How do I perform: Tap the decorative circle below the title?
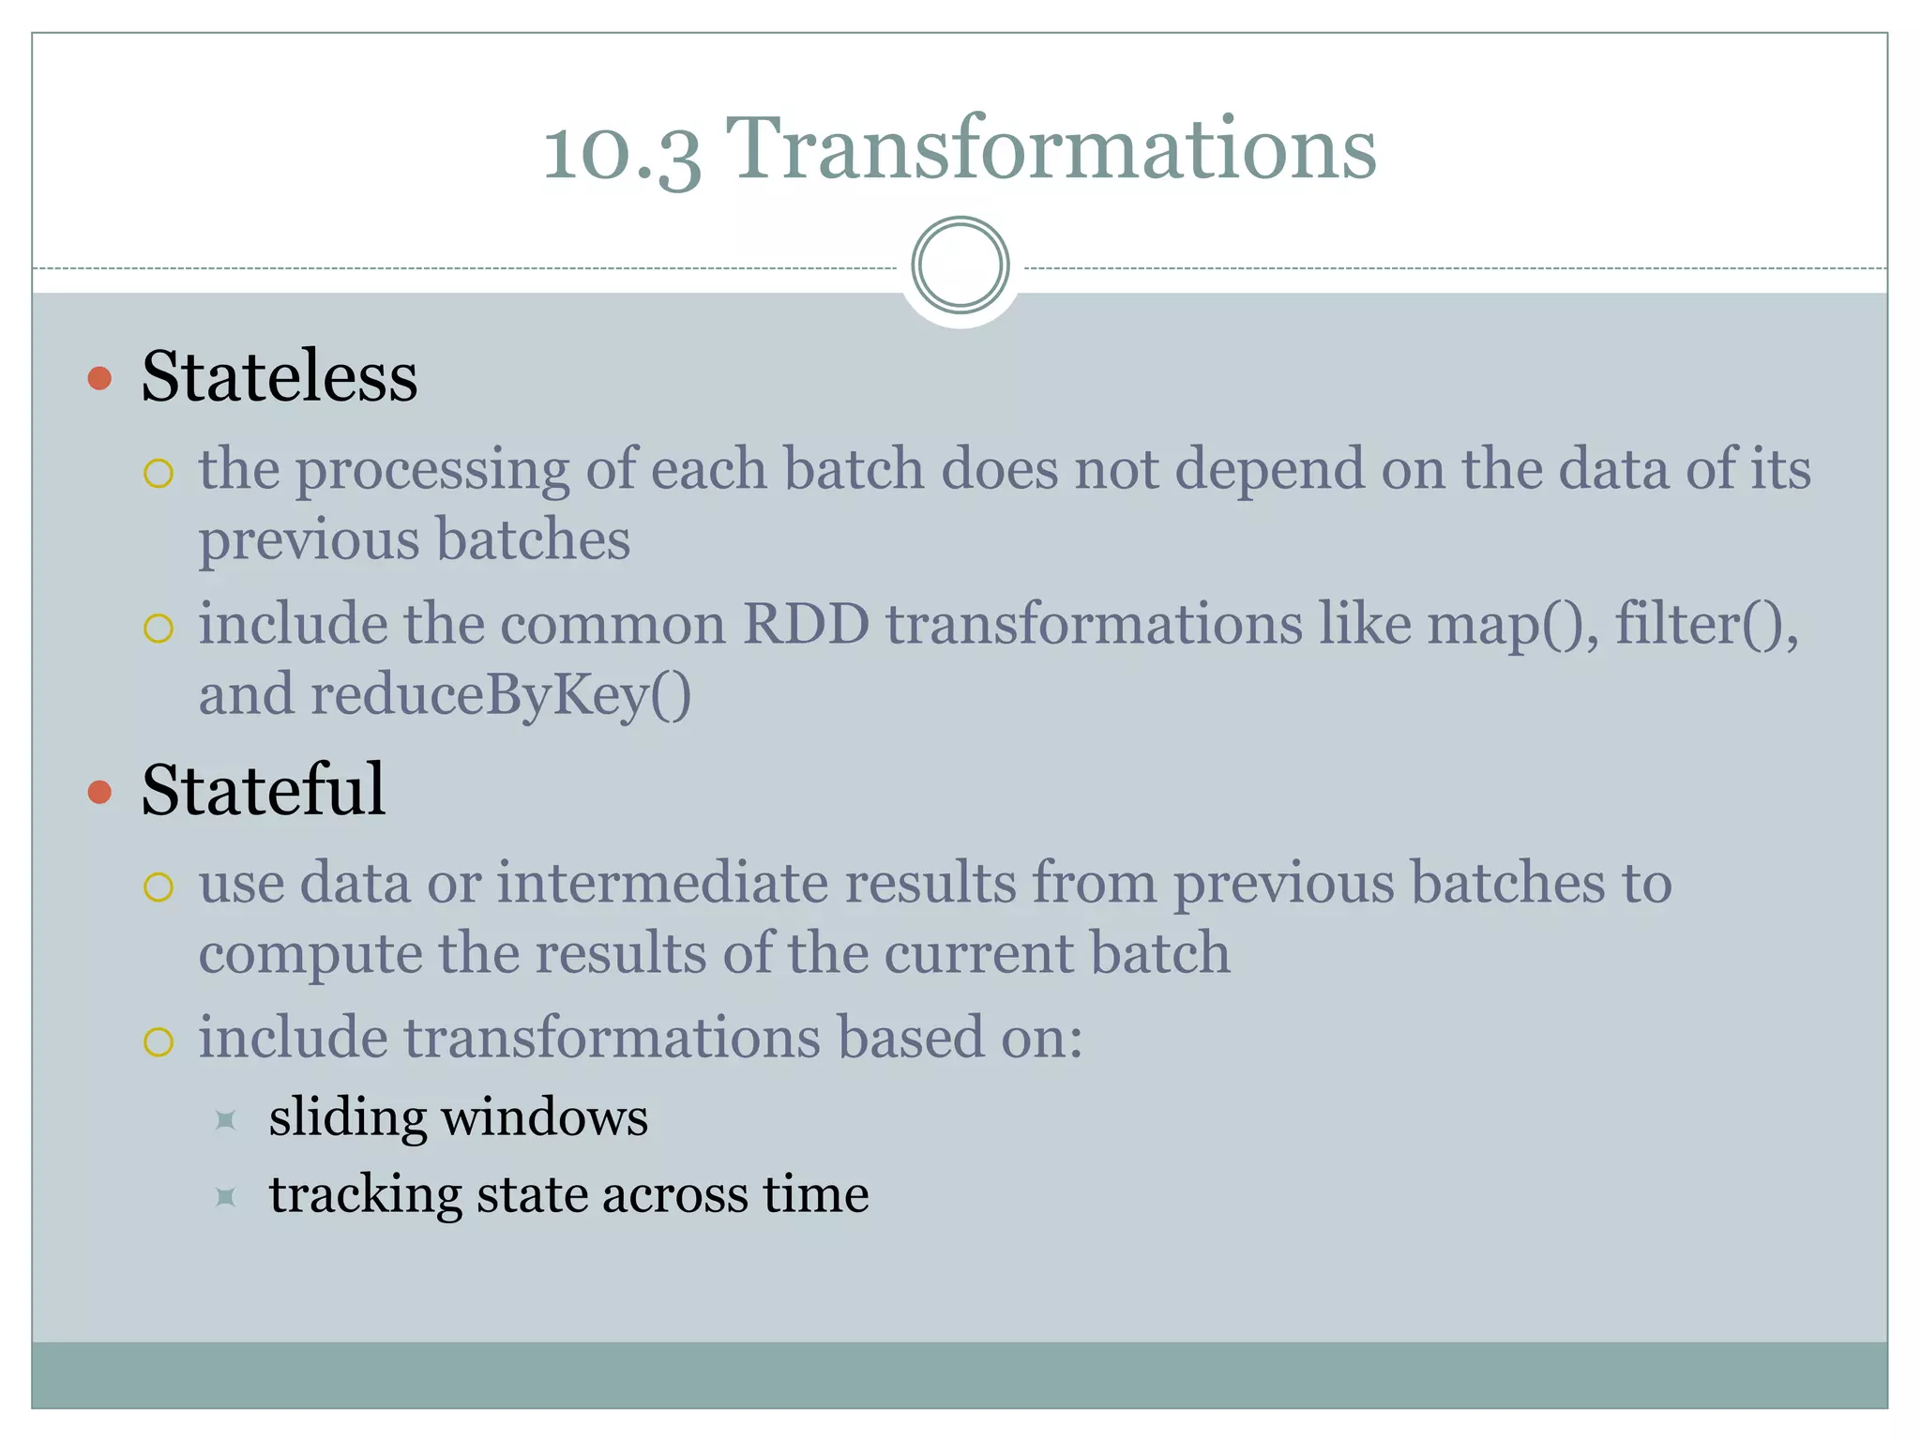[960, 265]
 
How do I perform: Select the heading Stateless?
[280, 376]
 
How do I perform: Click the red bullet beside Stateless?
[99, 379]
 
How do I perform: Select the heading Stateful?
[264, 790]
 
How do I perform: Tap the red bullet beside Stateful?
[99, 793]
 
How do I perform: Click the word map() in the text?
[1511, 624]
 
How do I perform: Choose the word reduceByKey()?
[501, 696]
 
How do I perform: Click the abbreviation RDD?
[806, 624]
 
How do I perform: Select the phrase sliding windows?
[458, 1117]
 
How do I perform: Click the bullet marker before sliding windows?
[225, 1120]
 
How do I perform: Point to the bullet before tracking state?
[225, 1196]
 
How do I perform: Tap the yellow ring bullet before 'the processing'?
[159, 473]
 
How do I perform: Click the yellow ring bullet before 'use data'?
[159, 887]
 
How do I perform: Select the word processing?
[432, 469]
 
